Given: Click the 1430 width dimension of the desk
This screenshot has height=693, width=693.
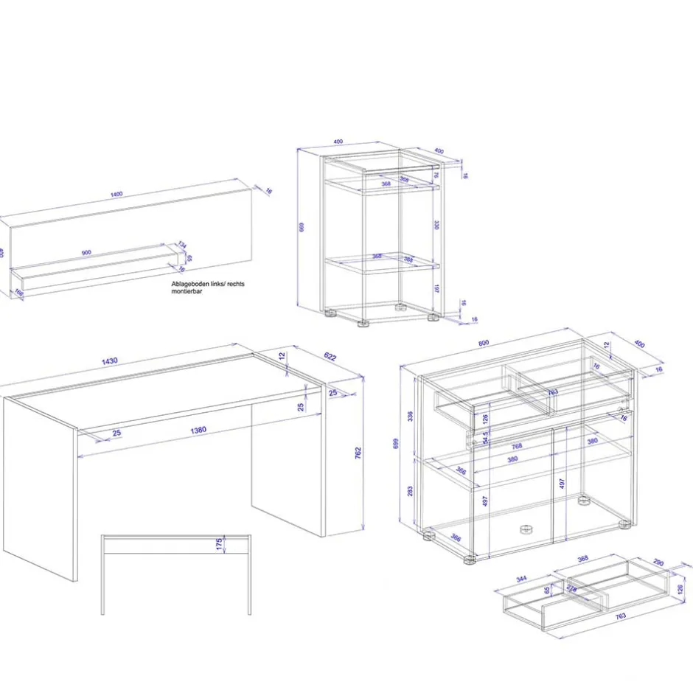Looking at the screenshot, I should pyautogui.click(x=110, y=361).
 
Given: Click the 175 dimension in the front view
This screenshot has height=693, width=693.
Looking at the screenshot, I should pyautogui.click(x=219, y=544).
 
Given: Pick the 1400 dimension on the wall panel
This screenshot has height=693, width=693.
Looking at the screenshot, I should pyautogui.click(x=116, y=194).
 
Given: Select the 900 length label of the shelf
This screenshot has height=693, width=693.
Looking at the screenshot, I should pyautogui.click(x=86, y=253).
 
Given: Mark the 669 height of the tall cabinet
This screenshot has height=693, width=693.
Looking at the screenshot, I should pyautogui.click(x=302, y=227).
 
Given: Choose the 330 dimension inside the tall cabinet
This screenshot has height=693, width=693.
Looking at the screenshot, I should pyautogui.click(x=436, y=223).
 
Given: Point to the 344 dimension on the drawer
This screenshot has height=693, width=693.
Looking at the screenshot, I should pyautogui.click(x=521, y=579).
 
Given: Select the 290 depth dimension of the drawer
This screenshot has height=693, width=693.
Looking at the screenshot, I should pyautogui.click(x=658, y=563).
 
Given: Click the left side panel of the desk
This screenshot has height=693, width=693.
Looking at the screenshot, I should pyautogui.click(x=40, y=487).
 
